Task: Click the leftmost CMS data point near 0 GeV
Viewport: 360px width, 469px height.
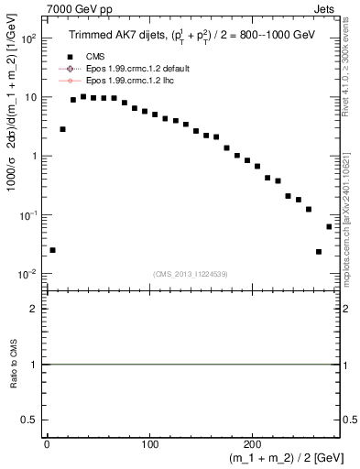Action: pyautogui.click(x=52, y=250)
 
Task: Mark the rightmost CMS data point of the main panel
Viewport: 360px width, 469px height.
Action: pyautogui.click(x=329, y=226)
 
